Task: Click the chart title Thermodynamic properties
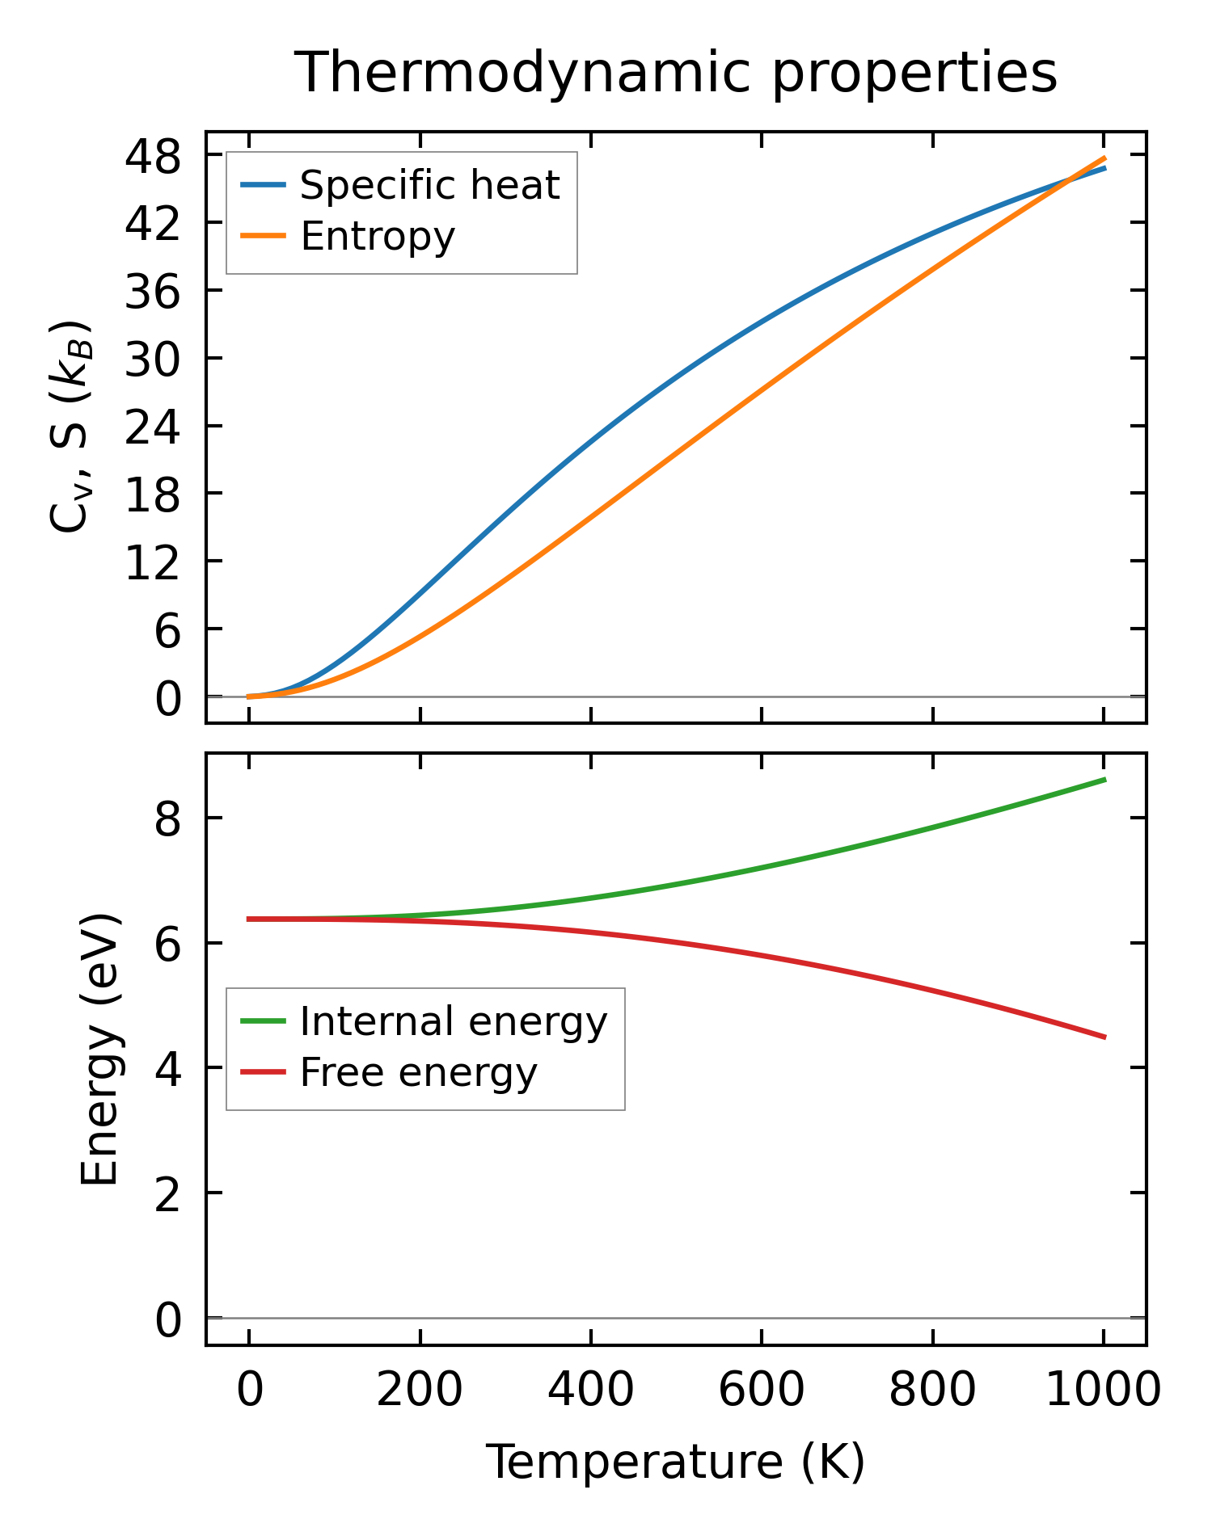675,74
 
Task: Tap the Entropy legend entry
378,236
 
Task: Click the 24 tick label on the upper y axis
153,426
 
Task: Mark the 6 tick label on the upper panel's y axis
167,629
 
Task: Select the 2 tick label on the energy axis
167,1193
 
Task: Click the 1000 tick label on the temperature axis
1103,1391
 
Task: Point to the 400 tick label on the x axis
591,1391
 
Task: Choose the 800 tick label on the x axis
932,1391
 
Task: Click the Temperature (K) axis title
675,1461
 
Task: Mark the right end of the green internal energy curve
1104,780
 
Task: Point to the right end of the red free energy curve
1104,1037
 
